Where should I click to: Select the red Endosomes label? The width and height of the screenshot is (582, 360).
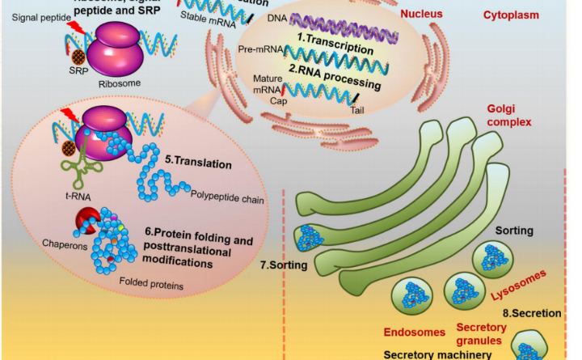[x=412, y=331]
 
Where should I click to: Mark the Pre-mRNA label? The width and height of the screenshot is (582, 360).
[x=259, y=50]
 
